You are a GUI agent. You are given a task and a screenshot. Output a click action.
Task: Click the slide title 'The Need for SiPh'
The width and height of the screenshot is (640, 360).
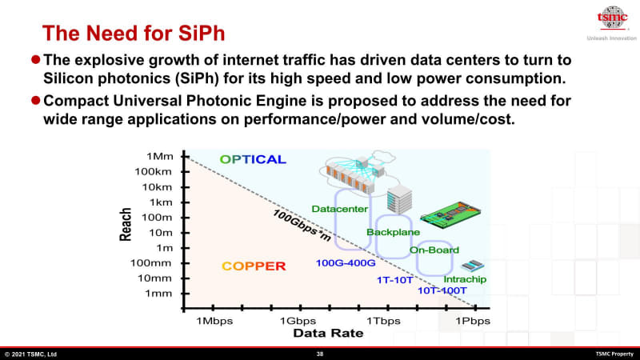pyautogui.click(x=133, y=33)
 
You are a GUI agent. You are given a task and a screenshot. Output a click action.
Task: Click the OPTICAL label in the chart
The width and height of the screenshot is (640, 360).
pyautogui.click(x=253, y=159)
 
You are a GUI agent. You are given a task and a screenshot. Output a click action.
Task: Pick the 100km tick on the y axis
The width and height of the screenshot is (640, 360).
pyautogui.click(x=154, y=171)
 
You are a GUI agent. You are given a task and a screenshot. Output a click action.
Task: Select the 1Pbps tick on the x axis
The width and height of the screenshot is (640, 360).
pyautogui.click(x=473, y=320)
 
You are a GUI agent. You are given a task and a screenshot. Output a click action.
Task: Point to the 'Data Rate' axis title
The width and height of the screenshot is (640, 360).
pyautogui.click(x=328, y=333)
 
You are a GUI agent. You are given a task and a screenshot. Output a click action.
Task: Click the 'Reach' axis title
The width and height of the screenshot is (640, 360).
pyautogui.click(x=126, y=226)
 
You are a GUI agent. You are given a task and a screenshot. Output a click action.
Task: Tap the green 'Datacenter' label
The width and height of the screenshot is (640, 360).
pyautogui.click(x=339, y=209)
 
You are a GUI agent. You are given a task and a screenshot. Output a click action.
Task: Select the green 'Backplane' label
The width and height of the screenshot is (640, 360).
pyautogui.click(x=388, y=232)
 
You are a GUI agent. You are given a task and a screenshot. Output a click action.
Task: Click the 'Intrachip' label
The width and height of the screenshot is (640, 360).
pyautogui.click(x=465, y=279)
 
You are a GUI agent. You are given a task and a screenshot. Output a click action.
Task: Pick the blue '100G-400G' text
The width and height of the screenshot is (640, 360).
pyautogui.click(x=345, y=262)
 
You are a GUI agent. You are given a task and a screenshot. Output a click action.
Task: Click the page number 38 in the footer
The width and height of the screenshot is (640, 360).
pyautogui.click(x=320, y=354)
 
